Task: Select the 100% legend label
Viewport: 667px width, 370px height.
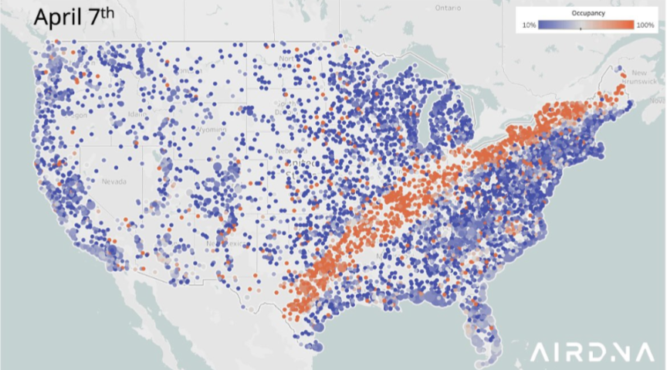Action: click(x=645, y=25)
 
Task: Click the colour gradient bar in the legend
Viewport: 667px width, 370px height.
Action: click(x=586, y=25)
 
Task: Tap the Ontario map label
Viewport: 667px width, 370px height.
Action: click(x=447, y=8)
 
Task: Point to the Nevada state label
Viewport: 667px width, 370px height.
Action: click(x=113, y=182)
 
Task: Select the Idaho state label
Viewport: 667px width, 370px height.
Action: click(x=138, y=115)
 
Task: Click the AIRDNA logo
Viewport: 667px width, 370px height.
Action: click(x=591, y=352)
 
